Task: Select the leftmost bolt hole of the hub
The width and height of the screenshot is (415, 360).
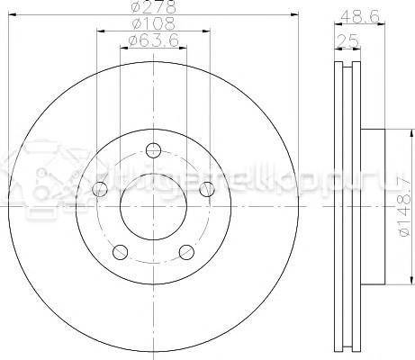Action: point(101,189)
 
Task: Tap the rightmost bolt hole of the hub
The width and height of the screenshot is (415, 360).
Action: point(207,188)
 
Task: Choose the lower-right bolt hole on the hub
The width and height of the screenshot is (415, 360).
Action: point(186,251)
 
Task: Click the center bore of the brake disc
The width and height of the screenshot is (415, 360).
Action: point(153,205)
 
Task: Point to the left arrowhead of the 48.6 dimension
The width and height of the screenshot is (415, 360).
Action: point(336,23)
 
